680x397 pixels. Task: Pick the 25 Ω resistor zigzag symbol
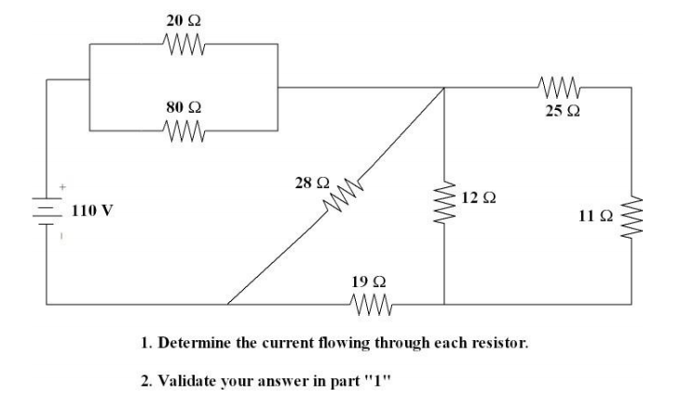pos(562,89)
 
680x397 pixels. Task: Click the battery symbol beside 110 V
pos(46,211)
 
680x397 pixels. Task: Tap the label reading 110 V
pos(93,211)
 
